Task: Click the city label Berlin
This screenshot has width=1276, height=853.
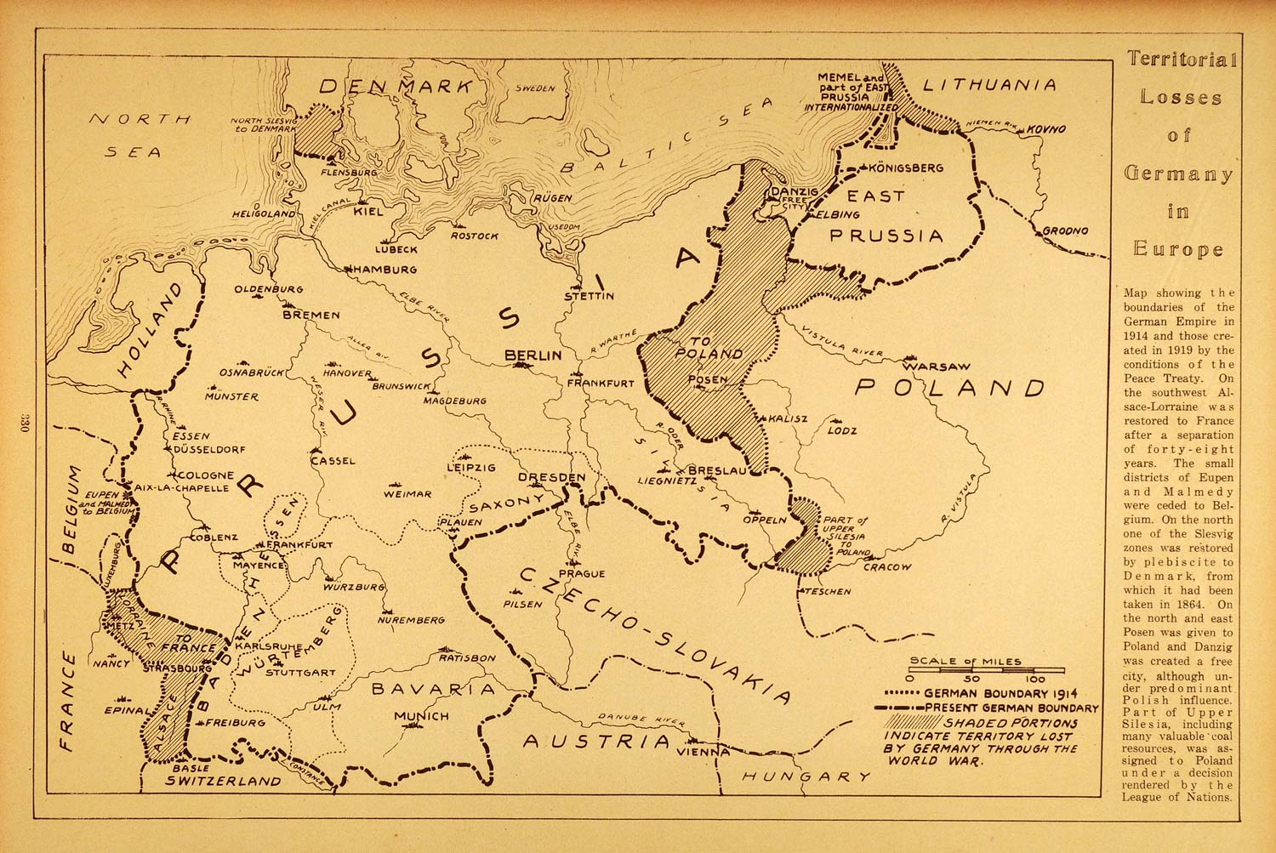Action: pyautogui.click(x=533, y=355)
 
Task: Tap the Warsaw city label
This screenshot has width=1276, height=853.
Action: pyautogui.click(x=936, y=367)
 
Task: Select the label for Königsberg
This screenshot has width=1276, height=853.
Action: pyautogui.click(x=909, y=168)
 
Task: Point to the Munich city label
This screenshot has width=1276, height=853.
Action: pyautogui.click(x=421, y=716)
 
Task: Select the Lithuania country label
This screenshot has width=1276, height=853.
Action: pyautogui.click(x=989, y=85)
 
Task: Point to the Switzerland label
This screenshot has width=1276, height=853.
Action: pyautogui.click(x=223, y=780)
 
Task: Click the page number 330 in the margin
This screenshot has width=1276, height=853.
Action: pyautogui.click(x=23, y=424)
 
